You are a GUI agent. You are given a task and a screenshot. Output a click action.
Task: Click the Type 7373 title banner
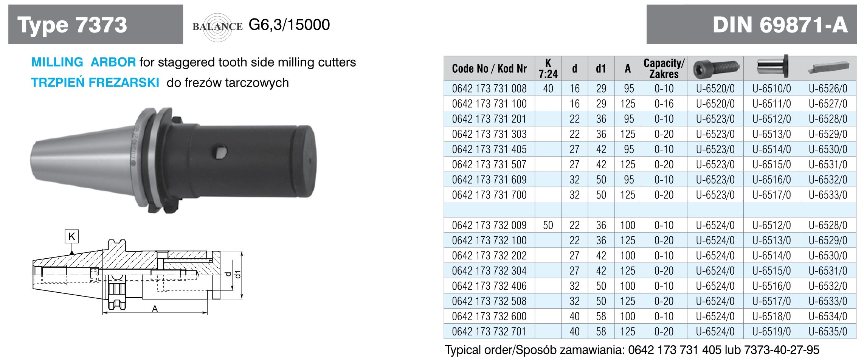[96, 25]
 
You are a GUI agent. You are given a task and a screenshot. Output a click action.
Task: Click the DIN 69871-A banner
[751, 25]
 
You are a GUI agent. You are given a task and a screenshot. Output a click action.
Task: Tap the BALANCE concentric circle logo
[217, 26]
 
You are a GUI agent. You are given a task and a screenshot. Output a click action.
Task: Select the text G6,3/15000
[289, 25]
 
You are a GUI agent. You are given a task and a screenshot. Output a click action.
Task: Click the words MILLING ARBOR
[84, 62]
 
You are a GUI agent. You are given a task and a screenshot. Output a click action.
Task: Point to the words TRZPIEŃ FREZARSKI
[95, 82]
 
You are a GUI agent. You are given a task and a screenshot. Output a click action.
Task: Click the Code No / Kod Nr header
[489, 68]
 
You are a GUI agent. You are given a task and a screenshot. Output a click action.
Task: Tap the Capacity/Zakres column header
[664, 68]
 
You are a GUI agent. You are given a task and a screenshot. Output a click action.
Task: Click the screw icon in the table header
[715, 68]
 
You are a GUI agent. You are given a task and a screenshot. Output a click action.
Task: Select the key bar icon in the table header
[828, 68]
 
